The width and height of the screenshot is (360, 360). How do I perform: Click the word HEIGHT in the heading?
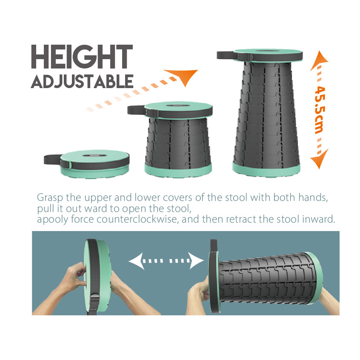pos(82,57)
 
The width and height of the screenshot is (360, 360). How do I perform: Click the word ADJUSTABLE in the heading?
pos(82,81)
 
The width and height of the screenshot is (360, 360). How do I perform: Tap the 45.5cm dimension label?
pos(320,110)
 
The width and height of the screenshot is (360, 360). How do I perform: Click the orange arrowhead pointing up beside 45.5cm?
pos(319,60)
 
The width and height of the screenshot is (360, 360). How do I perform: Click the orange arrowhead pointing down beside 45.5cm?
pos(320,159)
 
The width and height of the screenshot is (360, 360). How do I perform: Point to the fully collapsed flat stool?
pos(87,164)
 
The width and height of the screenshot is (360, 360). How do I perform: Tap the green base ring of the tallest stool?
pos(266,169)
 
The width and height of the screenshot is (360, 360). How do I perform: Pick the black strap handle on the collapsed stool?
pos(52,159)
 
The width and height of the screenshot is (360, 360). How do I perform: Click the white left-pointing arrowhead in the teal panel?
pos(136,261)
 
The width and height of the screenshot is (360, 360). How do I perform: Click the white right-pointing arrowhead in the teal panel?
pos(196,260)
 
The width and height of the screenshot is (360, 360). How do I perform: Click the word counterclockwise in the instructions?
pos(137,219)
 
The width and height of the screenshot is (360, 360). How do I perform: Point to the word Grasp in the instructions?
pos(50,198)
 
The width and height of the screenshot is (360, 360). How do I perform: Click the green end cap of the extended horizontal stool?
pos(316,278)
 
